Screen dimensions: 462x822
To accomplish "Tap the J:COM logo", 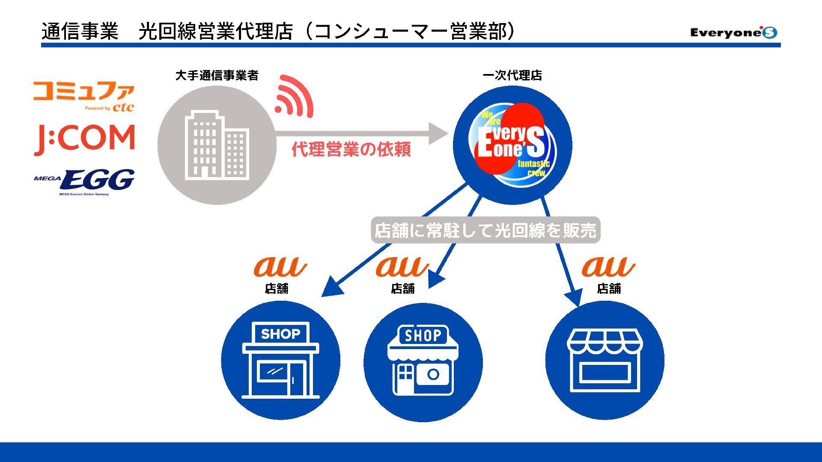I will coord(84,139).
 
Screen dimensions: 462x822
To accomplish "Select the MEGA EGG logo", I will coord(84,182).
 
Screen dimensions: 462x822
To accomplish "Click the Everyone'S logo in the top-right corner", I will coord(733,33).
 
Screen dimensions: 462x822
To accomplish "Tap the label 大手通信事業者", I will coord(217,76).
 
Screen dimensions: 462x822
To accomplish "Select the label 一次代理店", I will coord(512,76).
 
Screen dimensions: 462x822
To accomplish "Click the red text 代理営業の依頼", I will coord(351,149).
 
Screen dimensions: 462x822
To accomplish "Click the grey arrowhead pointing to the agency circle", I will coord(438,133).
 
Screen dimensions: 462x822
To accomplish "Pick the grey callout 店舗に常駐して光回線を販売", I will coord(485,231).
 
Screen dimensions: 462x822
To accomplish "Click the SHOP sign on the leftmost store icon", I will coord(280,334).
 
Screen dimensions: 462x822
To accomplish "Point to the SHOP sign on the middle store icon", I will coord(423,335).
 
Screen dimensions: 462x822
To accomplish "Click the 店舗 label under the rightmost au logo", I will coord(609,289).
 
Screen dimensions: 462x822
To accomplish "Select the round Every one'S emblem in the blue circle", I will coord(512,145).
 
